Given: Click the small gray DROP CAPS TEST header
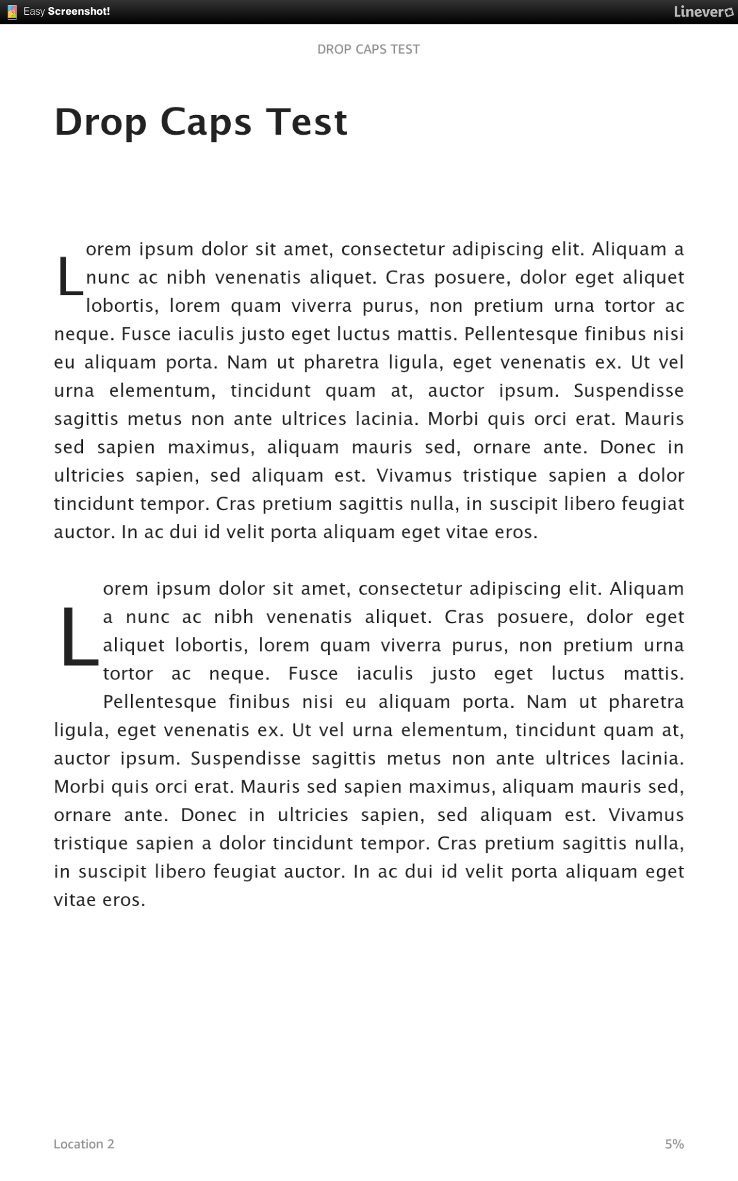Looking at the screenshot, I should point(369,49).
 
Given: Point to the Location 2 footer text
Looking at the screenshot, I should point(84,1144).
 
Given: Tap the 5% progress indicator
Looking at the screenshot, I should point(674,1144).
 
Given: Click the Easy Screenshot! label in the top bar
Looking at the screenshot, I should point(66,12).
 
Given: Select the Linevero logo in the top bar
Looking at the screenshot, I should point(703,12).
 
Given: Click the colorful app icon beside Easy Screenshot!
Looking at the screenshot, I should point(12,12).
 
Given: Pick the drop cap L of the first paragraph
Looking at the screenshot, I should point(70,277).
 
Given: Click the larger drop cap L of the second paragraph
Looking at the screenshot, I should point(79,636).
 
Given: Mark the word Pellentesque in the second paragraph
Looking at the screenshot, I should point(160,702).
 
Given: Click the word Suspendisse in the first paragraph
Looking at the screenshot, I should point(629,390).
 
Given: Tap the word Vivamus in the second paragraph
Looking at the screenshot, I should point(646,815).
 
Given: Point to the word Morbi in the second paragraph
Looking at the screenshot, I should point(79,787).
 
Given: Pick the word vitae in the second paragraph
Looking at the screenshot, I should point(72,900).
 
